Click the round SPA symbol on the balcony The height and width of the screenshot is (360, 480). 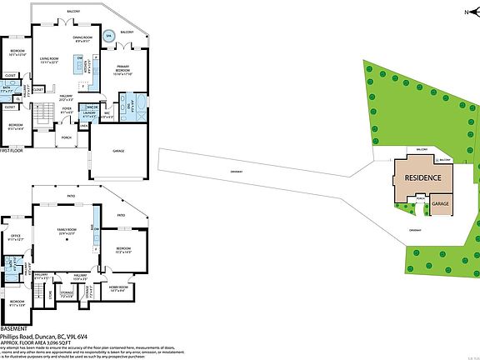(x=109, y=37)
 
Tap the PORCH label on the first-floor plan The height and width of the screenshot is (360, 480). (x=65, y=137)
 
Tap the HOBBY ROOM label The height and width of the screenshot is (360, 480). (x=117, y=289)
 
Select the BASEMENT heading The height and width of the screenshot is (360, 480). (x=13, y=329)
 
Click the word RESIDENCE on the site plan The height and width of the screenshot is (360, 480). (x=422, y=178)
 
